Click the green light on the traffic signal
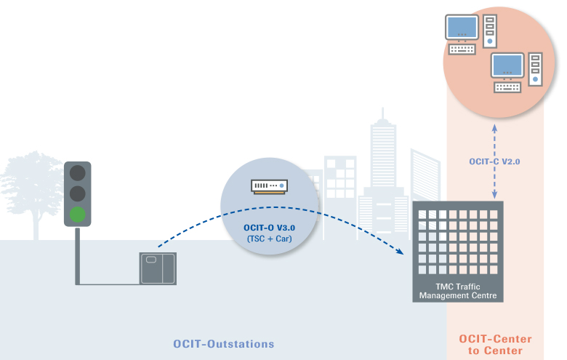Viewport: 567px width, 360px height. pos(78,214)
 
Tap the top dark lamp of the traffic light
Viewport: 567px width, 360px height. pos(78,174)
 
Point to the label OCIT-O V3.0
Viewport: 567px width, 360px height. pos(269,228)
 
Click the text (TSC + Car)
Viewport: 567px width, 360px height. pos(269,239)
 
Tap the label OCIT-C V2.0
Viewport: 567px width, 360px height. pos(495,161)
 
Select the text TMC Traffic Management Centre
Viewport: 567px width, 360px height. pos(458,292)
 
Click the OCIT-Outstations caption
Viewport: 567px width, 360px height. pos(224,343)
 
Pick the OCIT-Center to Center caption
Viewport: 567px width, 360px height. pos(495,345)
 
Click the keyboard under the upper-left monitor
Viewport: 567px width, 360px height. pos(462,49)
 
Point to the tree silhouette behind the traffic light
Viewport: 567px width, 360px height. pos(33,185)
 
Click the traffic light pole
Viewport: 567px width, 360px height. pos(78,255)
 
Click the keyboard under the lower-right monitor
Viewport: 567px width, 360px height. pos(508,87)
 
